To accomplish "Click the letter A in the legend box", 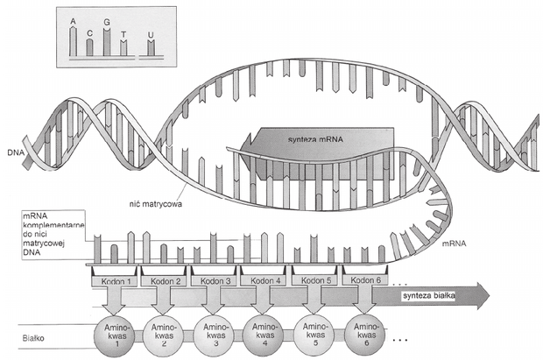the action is click(x=73, y=22).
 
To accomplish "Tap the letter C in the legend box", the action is click(x=89, y=33).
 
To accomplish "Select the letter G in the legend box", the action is click(x=107, y=22).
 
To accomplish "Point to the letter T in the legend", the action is click(x=123, y=34).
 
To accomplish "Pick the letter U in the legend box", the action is click(x=151, y=35).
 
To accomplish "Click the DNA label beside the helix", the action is click(x=15, y=152).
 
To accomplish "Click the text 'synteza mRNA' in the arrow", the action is click(x=315, y=139).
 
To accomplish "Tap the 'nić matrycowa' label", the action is click(x=153, y=204).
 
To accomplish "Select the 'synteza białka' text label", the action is click(x=429, y=295).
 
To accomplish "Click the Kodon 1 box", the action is click(x=115, y=280).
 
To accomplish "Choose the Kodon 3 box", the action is click(x=215, y=280).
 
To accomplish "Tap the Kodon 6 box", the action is click(x=365, y=279).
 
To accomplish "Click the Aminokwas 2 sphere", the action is click(x=164, y=335).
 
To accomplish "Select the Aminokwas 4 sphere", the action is click(x=264, y=335).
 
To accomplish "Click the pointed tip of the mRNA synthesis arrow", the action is click(x=241, y=149).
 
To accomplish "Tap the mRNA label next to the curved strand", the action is click(x=454, y=244).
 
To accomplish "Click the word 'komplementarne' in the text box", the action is click(x=53, y=225).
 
